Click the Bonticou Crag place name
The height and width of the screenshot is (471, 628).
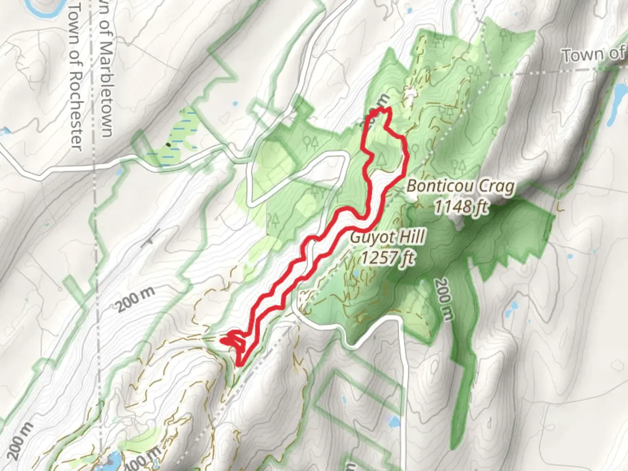point(461,187)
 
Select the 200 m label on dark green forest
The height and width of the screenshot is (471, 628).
point(443,299)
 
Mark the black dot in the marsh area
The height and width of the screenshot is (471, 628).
point(168,145)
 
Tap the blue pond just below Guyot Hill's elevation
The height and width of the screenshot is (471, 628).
point(357,273)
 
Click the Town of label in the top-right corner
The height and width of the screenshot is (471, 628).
point(593,55)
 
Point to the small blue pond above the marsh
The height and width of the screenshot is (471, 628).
point(235,104)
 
